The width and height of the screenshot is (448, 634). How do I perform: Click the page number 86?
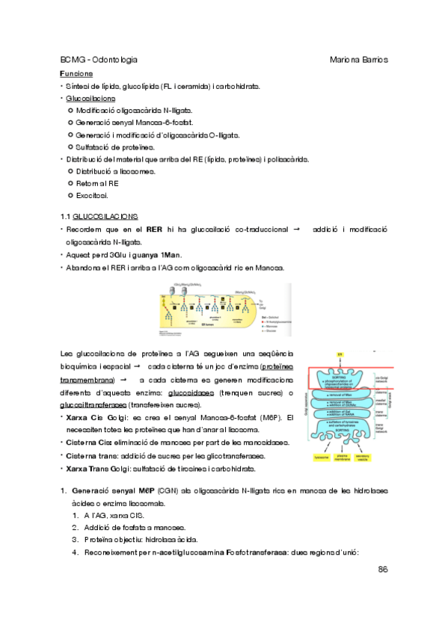click(x=381, y=570)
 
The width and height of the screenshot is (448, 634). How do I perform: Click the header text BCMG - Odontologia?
click(x=98, y=59)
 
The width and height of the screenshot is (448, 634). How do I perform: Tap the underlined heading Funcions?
click(x=76, y=74)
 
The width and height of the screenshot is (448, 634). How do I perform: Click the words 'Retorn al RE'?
click(x=97, y=183)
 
